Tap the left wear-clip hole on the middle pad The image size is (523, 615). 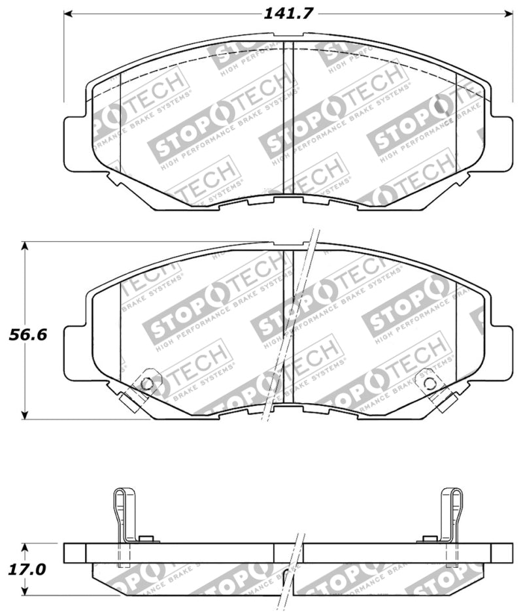[x=147, y=383]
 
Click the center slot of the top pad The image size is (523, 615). [x=288, y=121]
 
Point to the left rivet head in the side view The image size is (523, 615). [x=147, y=539]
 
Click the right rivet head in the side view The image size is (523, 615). [x=429, y=539]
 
